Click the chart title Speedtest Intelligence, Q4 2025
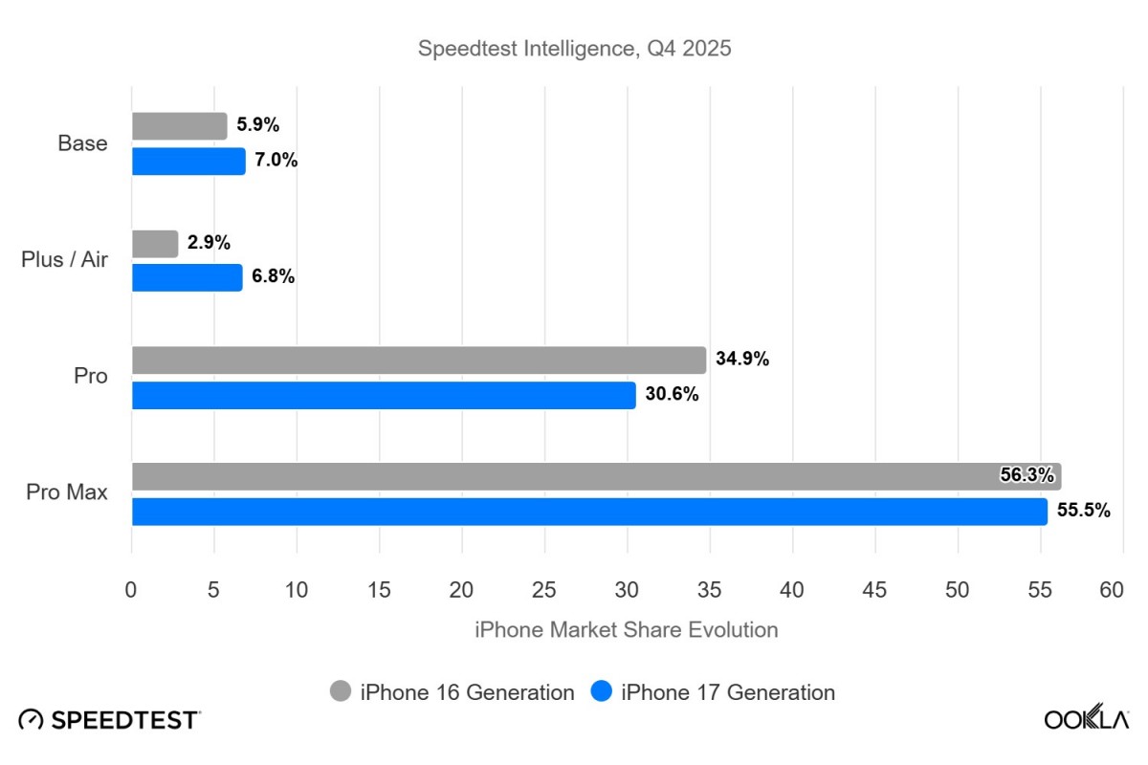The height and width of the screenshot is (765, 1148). tap(574, 49)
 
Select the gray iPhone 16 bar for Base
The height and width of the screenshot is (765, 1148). tap(179, 126)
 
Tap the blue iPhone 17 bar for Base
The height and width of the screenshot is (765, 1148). tap(188, 161)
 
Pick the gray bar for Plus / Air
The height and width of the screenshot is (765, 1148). tap(155, 244)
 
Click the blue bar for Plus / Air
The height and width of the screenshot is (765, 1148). tap(187, 277)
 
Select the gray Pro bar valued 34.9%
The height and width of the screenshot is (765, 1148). tap(418, 361)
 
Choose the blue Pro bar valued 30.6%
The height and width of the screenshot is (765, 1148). tap(383, 395)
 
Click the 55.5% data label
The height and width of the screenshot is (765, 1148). tap(1083, 511)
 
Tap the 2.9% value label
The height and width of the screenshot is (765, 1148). tap(209, 244)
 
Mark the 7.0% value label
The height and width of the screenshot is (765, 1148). tap(276, 161)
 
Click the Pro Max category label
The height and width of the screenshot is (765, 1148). tap(66, 493)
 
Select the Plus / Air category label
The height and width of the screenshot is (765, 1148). tap(64, 260)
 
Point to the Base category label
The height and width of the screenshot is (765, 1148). tap(82, 143)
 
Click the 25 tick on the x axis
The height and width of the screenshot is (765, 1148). tap(544, 590)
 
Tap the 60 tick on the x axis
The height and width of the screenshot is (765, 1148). tap(1111, 590)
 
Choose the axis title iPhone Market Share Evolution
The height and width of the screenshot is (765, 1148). tap(626, 630)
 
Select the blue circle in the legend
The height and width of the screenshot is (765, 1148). tap(602, 691)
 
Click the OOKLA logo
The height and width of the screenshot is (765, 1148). tap(1086, 720)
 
